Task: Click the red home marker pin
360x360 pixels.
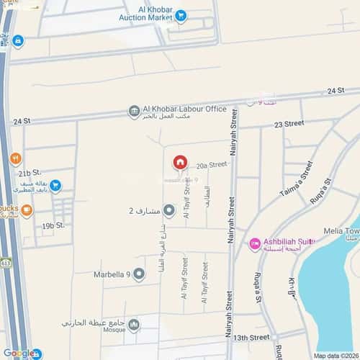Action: click(x=180, y=162)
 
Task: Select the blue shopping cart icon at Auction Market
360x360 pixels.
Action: click(x=180, y=14)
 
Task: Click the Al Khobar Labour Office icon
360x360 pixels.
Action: click(x=134, y=111)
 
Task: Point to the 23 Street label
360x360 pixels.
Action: click(x=289, y=124)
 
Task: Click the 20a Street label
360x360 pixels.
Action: click(x=212, y=164)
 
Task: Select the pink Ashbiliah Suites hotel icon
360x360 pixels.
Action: click(x=254, y=244)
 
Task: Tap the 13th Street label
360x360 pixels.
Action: click(x=251, y=337)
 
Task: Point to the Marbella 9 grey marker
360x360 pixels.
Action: click(x=139, y=274)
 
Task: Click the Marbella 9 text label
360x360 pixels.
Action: click(x=112, y=274)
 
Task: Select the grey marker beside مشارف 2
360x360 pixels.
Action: click(x=169, y=211)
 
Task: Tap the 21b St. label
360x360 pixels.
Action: click(x=30, y=174)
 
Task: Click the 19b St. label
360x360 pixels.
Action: click(x=53, y=225)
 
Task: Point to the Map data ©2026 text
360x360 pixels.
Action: click(x=336, y=356)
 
